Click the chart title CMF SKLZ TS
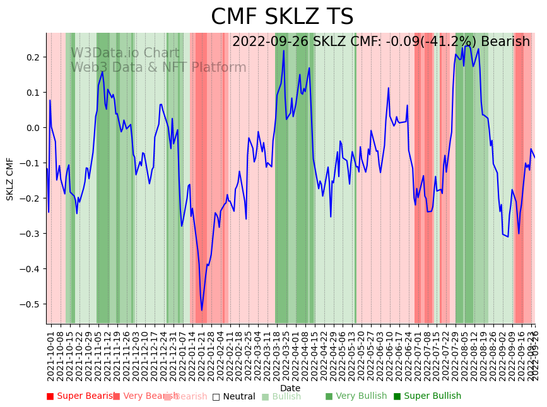(x=282, y=17)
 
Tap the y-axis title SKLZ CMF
(x=10, y=179)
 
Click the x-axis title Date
(x=290, y=388)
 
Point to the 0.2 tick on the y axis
(x=33, y=57)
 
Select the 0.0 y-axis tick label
(x=33, y=128)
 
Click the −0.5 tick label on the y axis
(x=30, y=304)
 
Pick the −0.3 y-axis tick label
(x=30, y=234)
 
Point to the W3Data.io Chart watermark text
(x=125, y=53)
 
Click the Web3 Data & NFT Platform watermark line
(x=158, y=67)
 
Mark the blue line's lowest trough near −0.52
(x=202, y=310)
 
